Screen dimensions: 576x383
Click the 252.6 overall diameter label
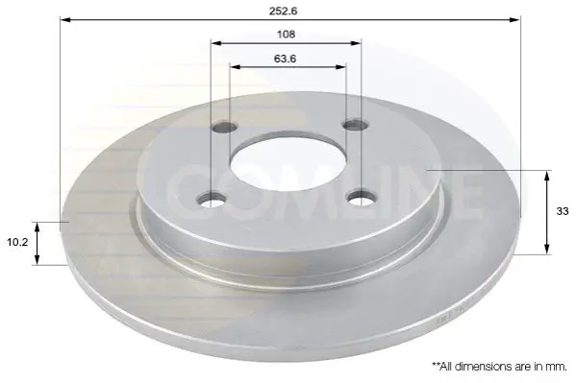coord(284,11)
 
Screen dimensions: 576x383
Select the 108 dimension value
coord(286,35)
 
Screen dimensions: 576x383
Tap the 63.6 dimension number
coord(285,59)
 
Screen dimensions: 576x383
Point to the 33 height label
coord(563,211)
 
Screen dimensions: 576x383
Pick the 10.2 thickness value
coord(17,242)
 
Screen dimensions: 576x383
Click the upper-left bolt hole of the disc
coord(224,128)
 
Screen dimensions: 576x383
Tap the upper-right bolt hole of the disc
coord(354,124)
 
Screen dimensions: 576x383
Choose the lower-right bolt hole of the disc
coord(363,199)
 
